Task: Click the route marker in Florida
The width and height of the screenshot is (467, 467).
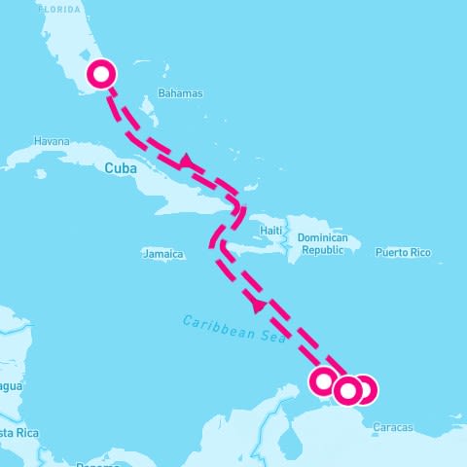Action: [101, 74]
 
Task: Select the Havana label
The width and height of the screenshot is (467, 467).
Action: [52, 140]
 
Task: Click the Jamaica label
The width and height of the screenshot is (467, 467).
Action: [162, 254]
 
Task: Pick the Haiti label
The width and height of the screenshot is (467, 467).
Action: [270, 231]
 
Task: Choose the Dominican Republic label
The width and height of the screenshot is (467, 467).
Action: [322, 243]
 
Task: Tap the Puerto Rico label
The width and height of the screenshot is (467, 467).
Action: [403, 253]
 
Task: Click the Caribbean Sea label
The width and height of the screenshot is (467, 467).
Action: [224, 327]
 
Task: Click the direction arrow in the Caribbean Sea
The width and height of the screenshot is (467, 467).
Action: [258, 305]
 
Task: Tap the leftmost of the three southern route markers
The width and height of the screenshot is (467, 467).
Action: [324, 381]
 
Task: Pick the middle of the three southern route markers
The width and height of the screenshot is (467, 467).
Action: [346, 390]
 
